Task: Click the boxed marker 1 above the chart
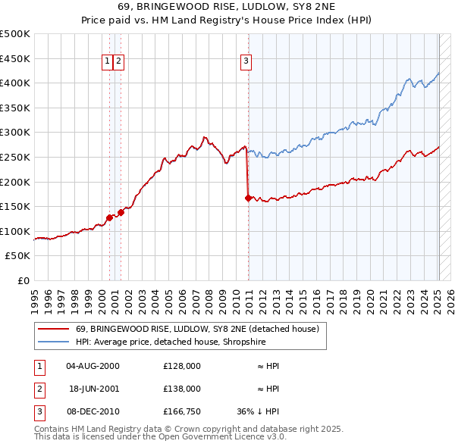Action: pos(108,62)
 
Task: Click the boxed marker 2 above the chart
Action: pos(119,62)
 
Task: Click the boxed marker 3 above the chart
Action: pos(246,62)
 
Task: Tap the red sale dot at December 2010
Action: pos(248,198)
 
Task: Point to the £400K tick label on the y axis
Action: pos(15,83)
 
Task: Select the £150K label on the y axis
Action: pos(15,206)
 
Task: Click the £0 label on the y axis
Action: pos(23,280)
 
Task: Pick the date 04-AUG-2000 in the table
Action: pos(93,366)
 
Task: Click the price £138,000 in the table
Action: pos(182,389)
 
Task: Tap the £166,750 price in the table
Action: pos(182,411)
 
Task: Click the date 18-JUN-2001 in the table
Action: pos(93,389)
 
